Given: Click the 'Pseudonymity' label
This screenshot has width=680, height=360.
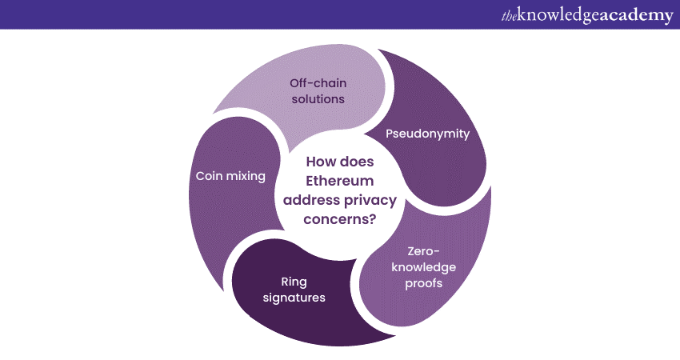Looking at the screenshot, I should [428, 134].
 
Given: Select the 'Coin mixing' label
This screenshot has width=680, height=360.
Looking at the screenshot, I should [230, 176].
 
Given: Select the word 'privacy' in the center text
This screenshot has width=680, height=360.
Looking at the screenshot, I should [366, 199].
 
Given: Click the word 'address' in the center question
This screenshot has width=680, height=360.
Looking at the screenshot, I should [311, 199].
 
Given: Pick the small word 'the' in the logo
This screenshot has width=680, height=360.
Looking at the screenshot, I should [509, 15].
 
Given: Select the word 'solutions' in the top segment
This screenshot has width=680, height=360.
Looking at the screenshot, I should [318, 100].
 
